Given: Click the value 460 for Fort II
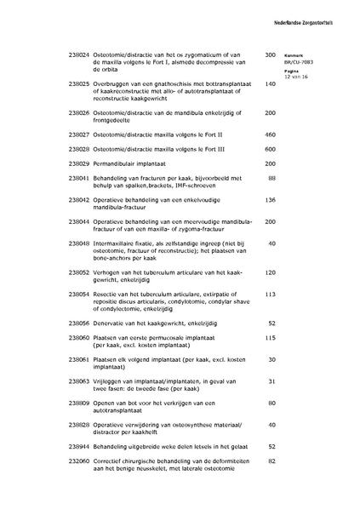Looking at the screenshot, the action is (270, 134).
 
